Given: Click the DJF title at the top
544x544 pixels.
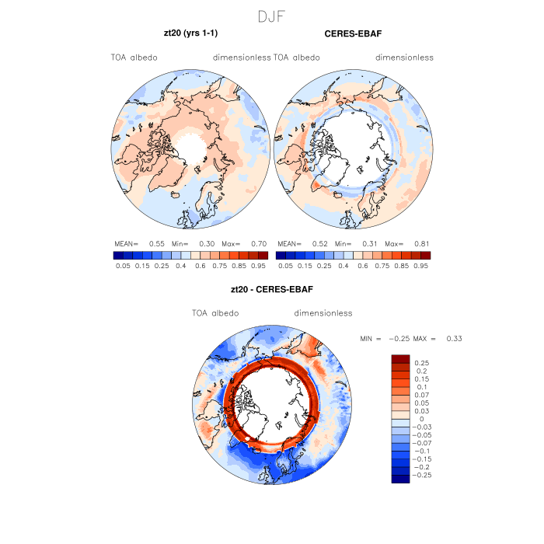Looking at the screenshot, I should (x=272, y=16).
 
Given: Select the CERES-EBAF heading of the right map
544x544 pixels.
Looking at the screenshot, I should (x=353, y=35).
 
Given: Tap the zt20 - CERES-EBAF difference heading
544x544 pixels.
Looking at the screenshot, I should (x=272, y=290).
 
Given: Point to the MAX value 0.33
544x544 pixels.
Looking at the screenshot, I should (x=455, y=339).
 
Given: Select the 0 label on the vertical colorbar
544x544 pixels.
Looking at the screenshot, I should (x=421, y=418).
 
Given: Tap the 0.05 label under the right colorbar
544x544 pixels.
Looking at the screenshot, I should (x=285, y=265).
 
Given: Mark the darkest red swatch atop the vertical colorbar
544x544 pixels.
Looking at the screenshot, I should (x=400, y=358).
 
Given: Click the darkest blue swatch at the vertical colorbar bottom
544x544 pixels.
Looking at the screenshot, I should (x=400, y=479).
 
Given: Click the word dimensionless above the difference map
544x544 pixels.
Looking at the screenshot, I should (x=323, y=313).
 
